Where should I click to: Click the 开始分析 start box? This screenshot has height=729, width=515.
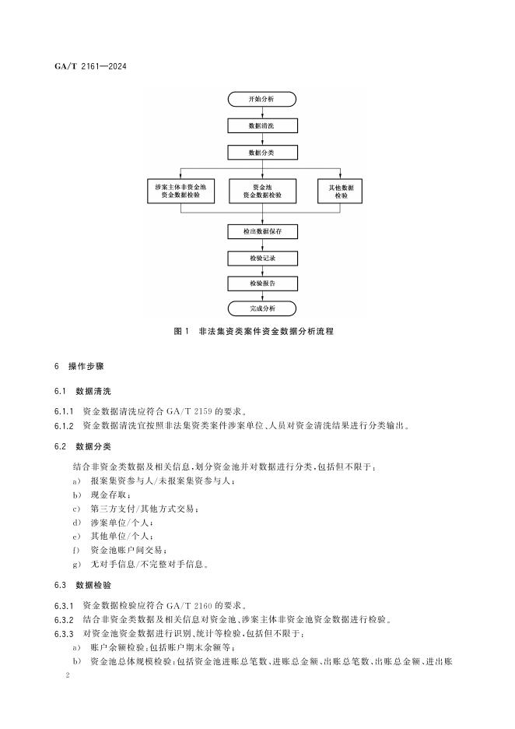tap(261, 100)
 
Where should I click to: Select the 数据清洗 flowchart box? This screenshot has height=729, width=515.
tap(261, 125)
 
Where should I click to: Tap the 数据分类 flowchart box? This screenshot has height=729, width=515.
tap(261, 152)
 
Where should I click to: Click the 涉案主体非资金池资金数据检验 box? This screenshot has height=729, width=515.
tap(180, 192)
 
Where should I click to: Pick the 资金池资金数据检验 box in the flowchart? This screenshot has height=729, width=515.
tap(262, 192)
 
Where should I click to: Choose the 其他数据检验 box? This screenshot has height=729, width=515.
tap(341, 192)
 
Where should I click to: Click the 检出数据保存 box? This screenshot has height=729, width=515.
tap(261, 231)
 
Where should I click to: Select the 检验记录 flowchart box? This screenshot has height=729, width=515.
tap(261, 257)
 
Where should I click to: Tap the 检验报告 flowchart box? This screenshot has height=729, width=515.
tap(261, 283)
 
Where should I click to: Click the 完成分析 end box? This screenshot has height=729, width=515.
tap(261, 308)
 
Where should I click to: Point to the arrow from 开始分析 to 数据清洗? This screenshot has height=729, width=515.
tap(261, 112)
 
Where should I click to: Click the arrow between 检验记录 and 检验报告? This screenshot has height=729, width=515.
tap(261, 269)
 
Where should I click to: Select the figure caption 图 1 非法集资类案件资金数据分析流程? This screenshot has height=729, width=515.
tap(254, 331)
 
